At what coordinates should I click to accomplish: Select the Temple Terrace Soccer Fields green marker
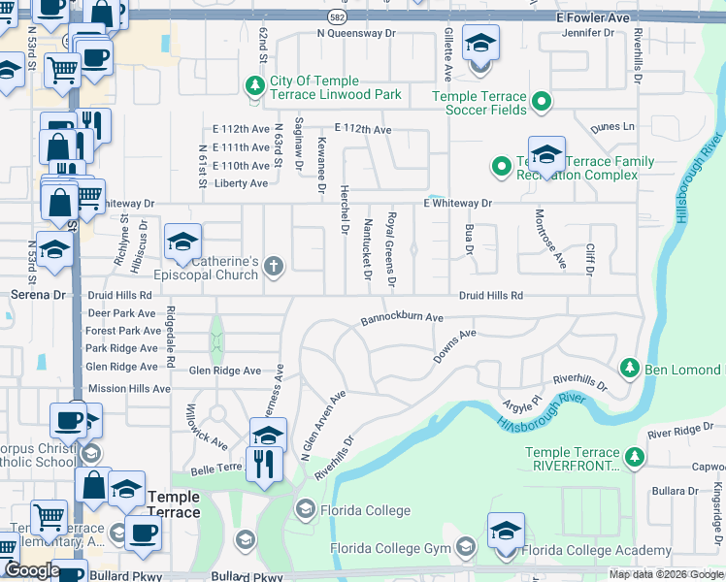coord(543,101)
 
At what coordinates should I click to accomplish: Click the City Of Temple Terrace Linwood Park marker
coord(256,85)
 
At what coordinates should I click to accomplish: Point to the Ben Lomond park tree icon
coord(630,369)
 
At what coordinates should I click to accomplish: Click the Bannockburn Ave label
coord(402,317)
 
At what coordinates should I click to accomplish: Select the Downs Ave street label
coord(454,347)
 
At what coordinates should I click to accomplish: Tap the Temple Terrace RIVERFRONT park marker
coord(635,456)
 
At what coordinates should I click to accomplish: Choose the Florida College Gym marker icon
coord(466,549)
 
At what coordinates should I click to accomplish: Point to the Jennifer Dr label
coord(588,32)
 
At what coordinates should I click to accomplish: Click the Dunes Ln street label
coord(612,126)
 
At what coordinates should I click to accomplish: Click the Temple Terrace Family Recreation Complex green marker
coord(501,167)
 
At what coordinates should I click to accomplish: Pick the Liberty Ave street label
coord(241,183)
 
